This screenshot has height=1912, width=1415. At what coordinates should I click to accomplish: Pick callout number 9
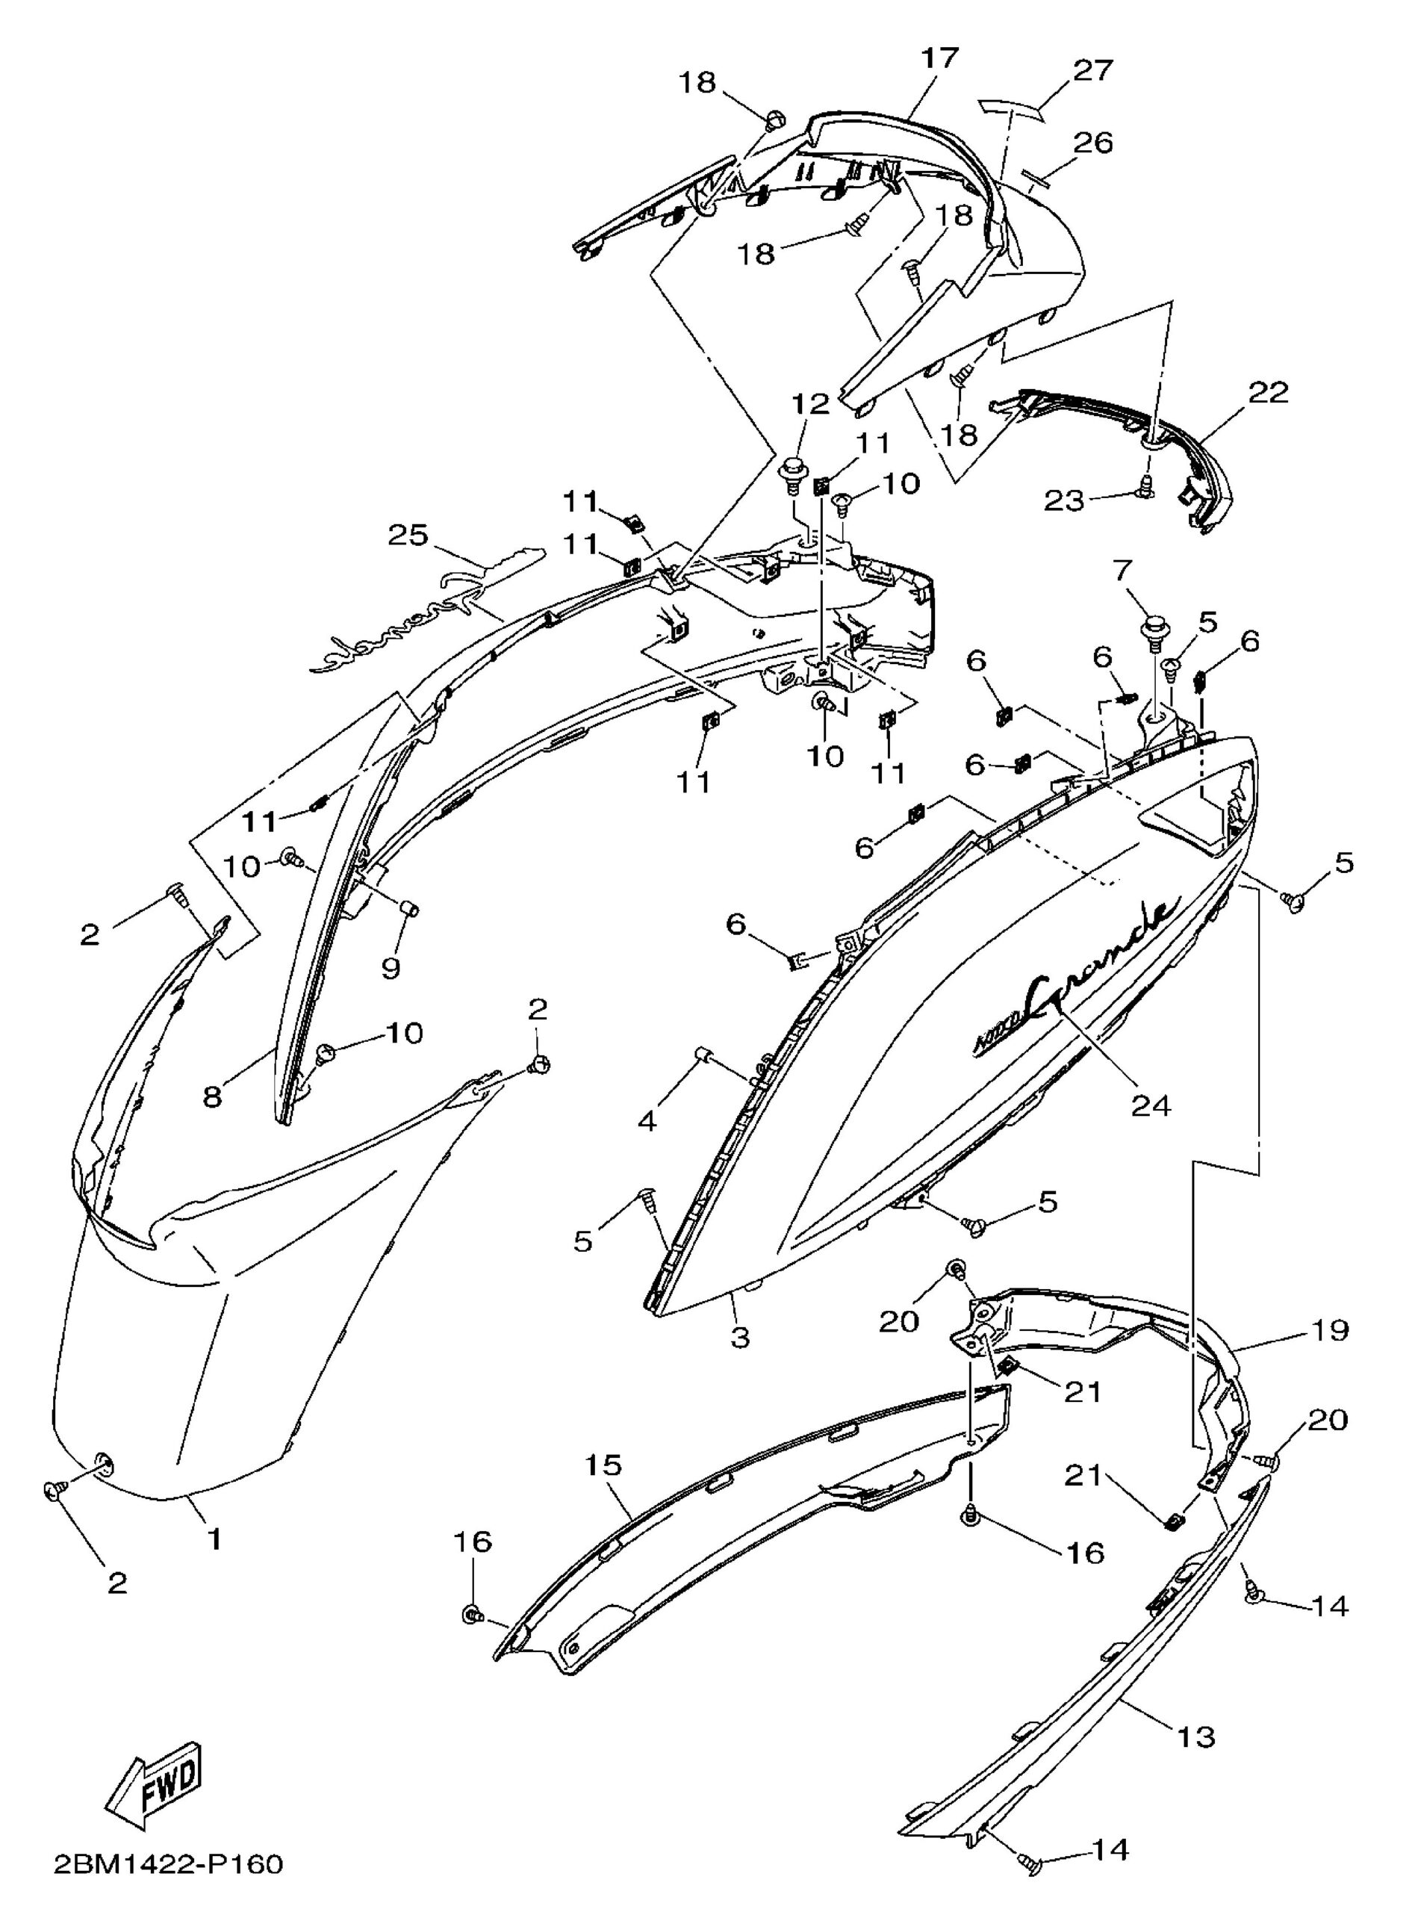click(391, 967)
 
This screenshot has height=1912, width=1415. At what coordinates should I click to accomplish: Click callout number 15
click(604, 1465)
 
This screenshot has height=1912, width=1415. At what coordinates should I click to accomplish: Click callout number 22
click(1269, 392)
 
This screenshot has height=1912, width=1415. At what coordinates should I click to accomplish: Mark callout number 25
click(408, 536)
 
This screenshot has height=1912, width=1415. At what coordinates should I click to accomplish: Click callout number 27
click(1093, 70)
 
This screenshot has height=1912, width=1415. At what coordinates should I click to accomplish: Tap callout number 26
click(1093, 141)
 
